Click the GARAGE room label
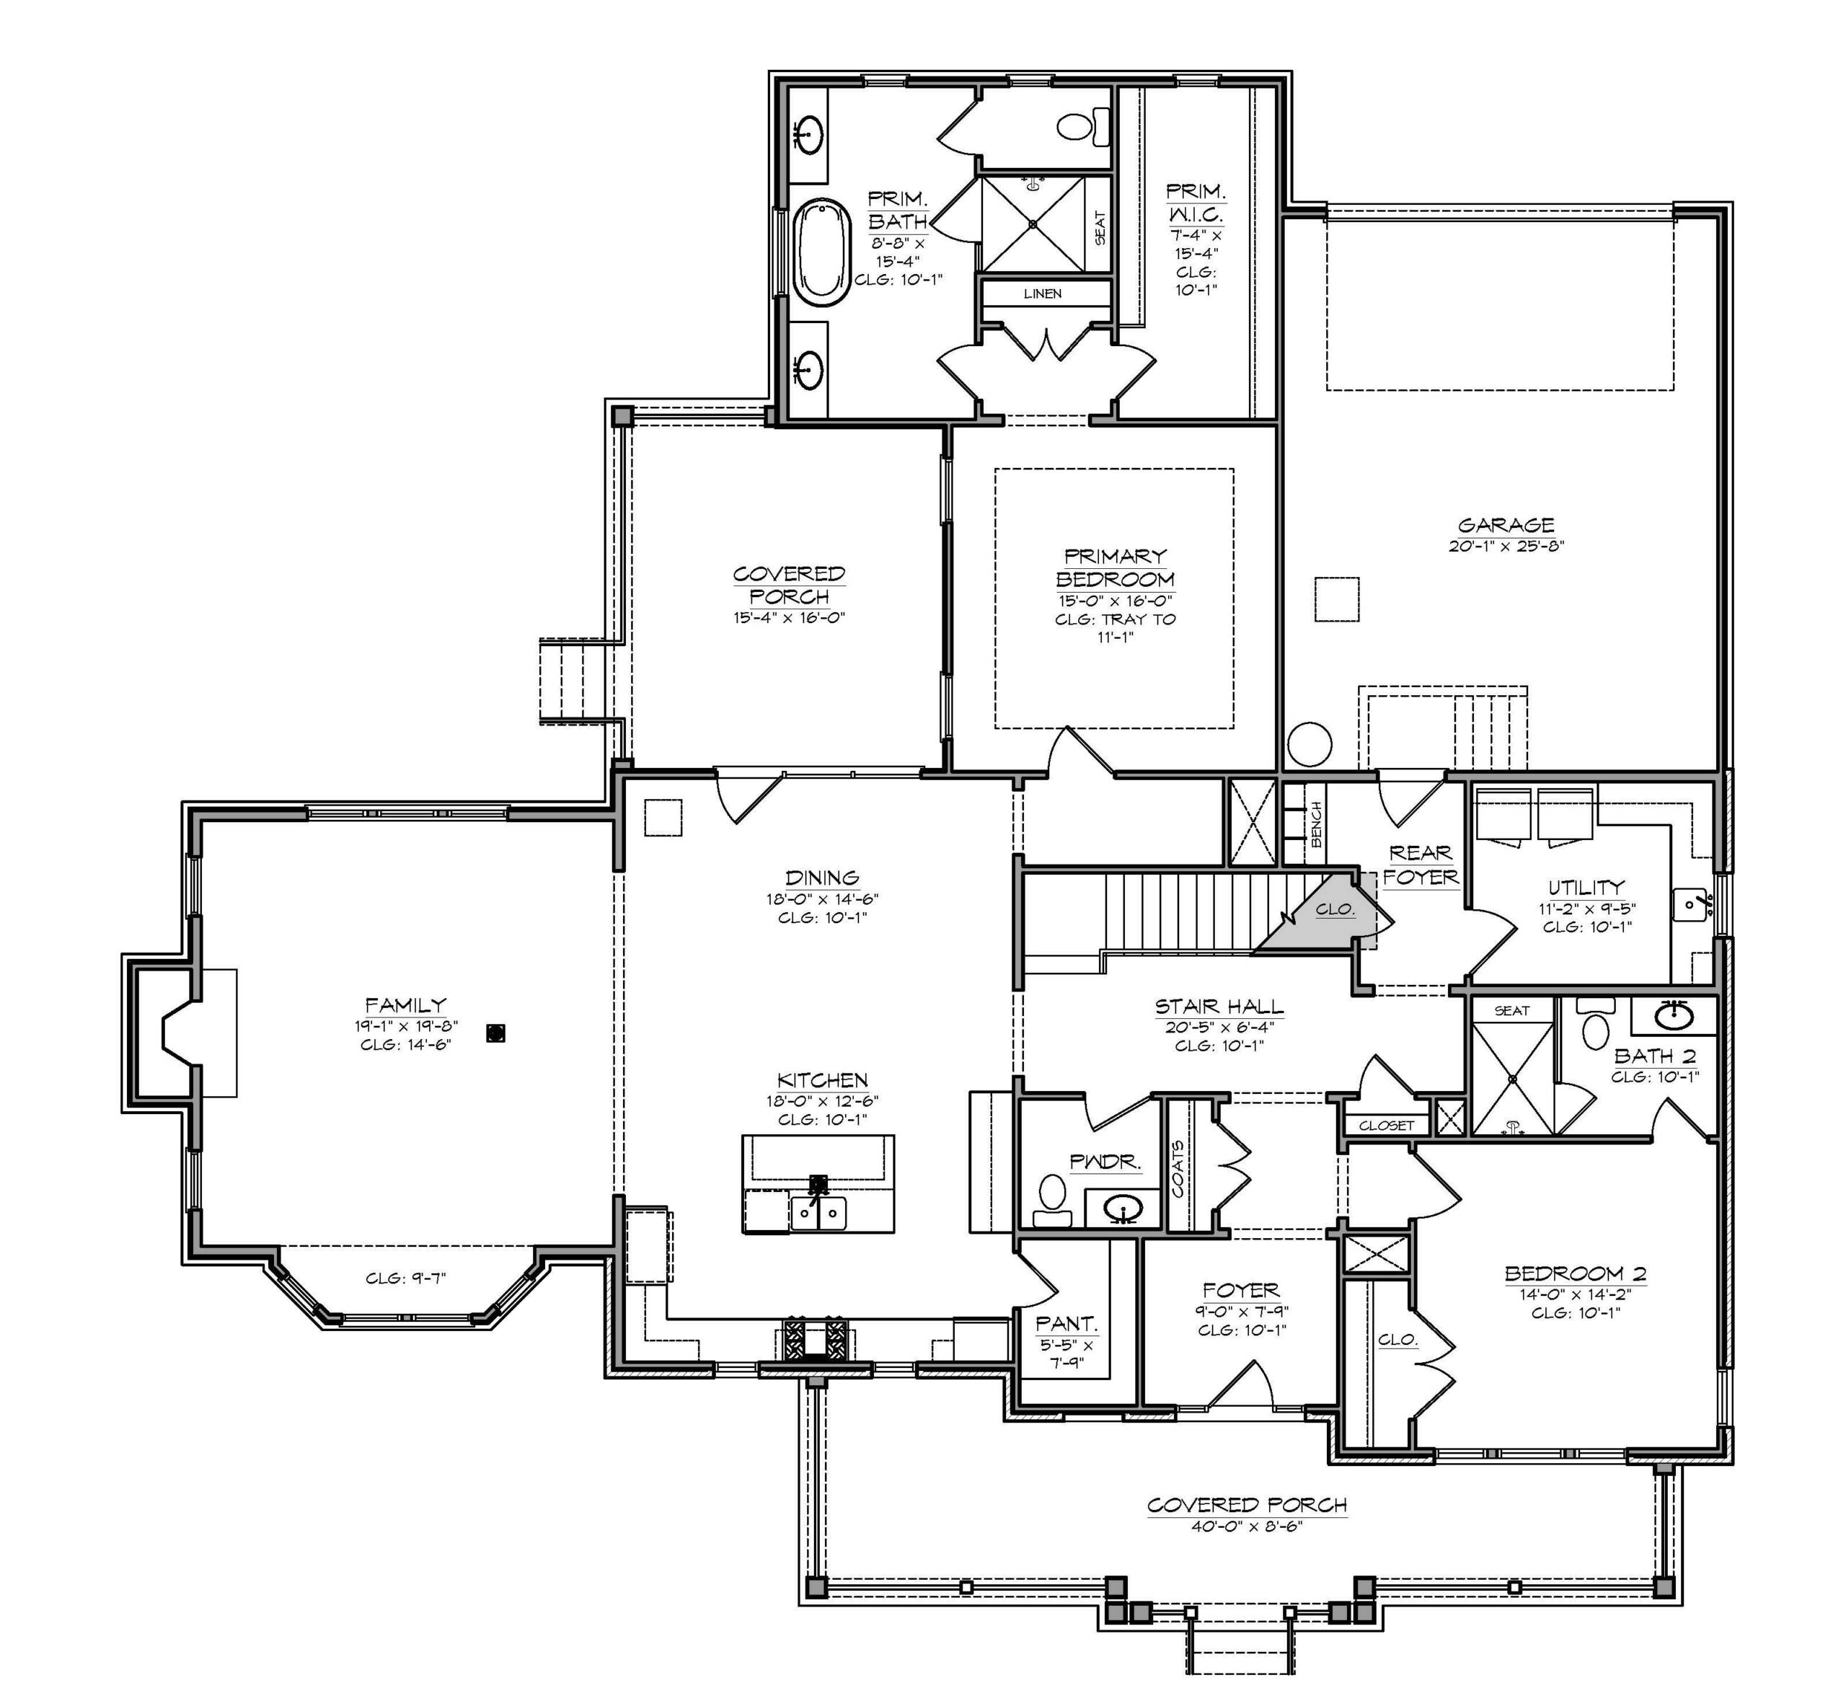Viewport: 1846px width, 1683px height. coord(1506,526)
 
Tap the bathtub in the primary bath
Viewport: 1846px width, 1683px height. coord(821,252)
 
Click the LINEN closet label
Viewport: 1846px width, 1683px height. coord(1042,294)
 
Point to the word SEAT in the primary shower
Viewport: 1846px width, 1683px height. coord(1100,228)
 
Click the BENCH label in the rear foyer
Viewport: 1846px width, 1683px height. coord(1317,824)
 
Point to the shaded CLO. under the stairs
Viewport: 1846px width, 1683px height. coord(1334,909)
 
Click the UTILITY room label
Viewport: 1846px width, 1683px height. coord(1586,887)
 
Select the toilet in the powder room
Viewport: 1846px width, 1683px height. coord(1052,1200)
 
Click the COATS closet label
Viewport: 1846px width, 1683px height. coord(1178,1168)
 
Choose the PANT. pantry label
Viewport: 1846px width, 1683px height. coord(1066,1324)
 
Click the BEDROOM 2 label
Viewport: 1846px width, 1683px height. coord(1575,1273)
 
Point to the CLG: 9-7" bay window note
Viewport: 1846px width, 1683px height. coord(406,1278)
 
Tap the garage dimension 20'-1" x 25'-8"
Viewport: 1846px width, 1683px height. coord(1506,546)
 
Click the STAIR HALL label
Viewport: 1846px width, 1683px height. coord(1219,1007)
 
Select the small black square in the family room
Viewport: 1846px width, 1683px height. coord(496,1033)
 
